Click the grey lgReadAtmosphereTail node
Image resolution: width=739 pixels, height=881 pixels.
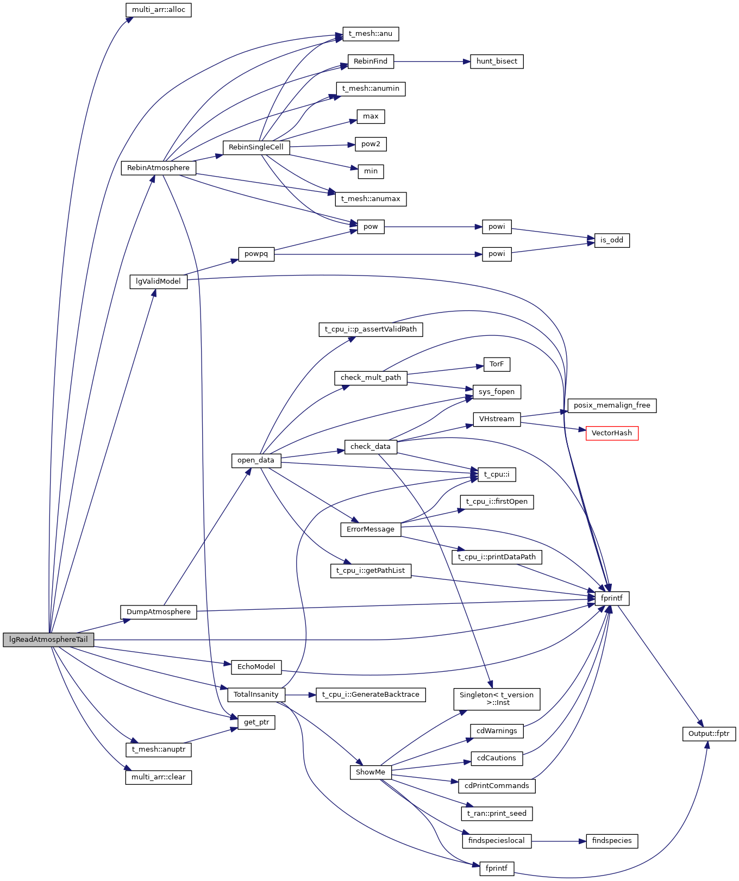pyautogui.click(x=48, y=640)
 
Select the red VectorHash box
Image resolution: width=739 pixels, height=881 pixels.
pyautogui.click(x=611, y=433)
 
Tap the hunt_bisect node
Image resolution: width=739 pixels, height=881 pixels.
pyautogui.click(x=496, y=61)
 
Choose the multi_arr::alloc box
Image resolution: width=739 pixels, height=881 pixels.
pyautogui.click(x=158, y=10)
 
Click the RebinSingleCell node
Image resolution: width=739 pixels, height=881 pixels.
pyautogui.click(x=256, y=147)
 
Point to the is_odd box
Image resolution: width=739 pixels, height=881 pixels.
pyautogui.click(x=611, y=240)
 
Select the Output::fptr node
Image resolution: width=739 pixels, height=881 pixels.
pyautogui.click(x=709, y=734)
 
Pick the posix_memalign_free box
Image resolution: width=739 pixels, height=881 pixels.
pyautogui.click(x=611, y=405)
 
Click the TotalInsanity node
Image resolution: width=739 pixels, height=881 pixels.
pyautogui.click(x=256, y=695)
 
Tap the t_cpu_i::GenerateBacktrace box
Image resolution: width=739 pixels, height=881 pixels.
pyautogui.click(x=371, y=695)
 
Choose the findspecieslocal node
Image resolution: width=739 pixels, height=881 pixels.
pyautogui.click(x=496, y=841)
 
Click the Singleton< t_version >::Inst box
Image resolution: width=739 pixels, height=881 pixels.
pyautogui.click(x=496, y=698)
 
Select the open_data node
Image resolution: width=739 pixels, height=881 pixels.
pyautogui.click(x=256, y=460)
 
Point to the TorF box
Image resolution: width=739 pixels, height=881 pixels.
pyautogui.click(x=496, y=364)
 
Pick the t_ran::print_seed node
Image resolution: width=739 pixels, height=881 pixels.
pyautogui.click(x=496, y=814)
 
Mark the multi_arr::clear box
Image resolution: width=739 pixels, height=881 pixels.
pyautogui.click(x=158, y=777)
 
